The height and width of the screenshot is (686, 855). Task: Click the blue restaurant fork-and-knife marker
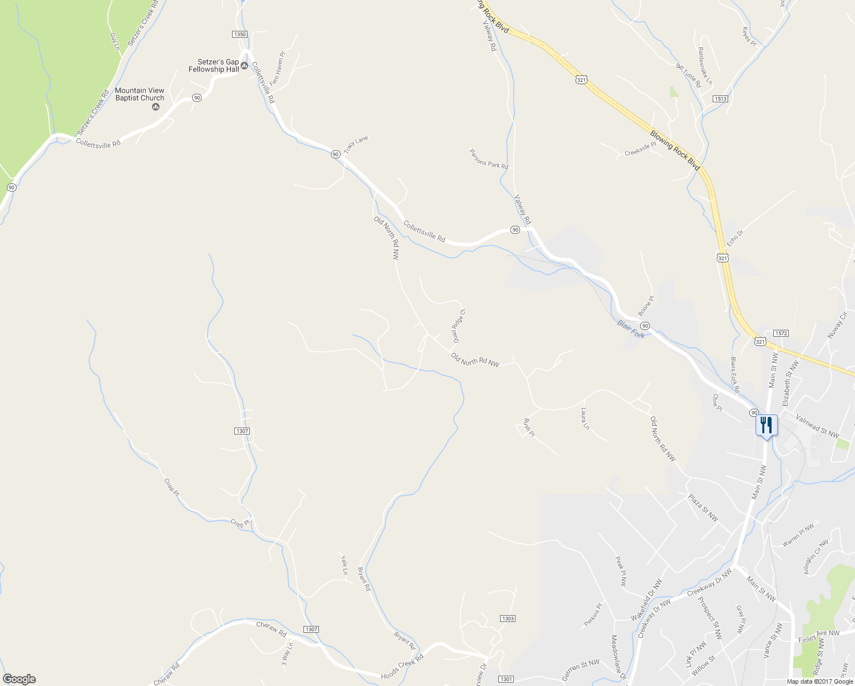[x=766, y=425]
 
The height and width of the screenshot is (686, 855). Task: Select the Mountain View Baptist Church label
[x=139, y=94]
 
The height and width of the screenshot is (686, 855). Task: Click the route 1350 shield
[x=240, y=34]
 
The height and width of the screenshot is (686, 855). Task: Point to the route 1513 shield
[x=720, y=99]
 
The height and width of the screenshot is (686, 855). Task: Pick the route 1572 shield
[x=781, y=333]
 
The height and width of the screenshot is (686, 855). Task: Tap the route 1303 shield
[x=508, y=619]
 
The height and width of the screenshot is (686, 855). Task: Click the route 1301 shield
[x=506, y=679]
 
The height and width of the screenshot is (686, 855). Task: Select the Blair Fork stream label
[x=631, y=329]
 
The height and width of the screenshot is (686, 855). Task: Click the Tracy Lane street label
[x=356, y=144]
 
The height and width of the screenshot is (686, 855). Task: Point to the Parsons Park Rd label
[x=489, y=159]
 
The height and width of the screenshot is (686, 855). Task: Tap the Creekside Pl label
[x=641, y=149]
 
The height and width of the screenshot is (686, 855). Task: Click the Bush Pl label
[x=529, y=428]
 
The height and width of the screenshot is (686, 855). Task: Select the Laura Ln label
[x=585, y=418]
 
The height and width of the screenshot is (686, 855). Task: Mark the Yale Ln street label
[x=344, y=564]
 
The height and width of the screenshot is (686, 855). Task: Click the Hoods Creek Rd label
[x=402, y=667]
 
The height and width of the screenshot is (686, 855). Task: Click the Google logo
[x=19, y=679]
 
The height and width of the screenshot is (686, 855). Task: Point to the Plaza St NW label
[x=703, y=508]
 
